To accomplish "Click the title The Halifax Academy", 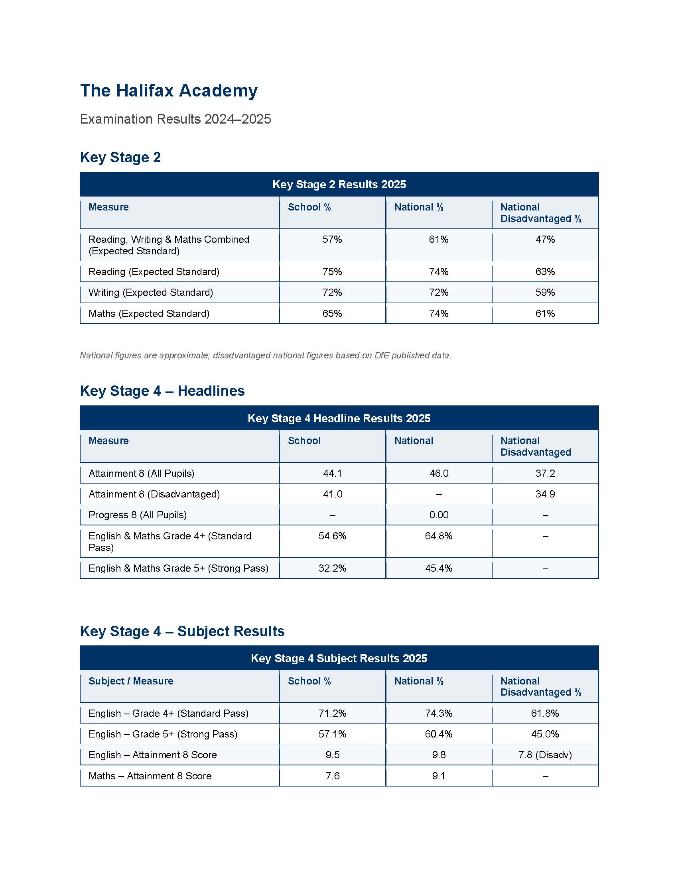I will [x=169, y=90].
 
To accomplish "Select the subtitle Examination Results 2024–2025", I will [x=175, y=119].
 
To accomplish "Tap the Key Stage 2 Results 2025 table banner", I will [x=339, y=184].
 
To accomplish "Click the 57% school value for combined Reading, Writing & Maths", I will [x=332, y=240].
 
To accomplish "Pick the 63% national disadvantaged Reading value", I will [x=545, y=272].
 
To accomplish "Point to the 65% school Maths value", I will [x=332, y=314].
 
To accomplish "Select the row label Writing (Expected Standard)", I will [x=151, y=293].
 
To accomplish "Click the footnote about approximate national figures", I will [x=265, y=355].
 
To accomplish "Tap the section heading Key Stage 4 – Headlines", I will [x=162, y=391].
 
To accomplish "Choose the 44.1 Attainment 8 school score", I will [x=332, y=474].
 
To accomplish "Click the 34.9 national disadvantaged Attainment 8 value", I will [x=545, y=494].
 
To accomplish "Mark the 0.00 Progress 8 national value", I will [x=439, y=515].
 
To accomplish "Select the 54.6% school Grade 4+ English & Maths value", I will [x=332, y=536].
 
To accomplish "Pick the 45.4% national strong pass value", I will [x=439, y=568].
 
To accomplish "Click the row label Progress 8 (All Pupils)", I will [x=137, y=515].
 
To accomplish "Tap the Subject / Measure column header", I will [x=131, y=681].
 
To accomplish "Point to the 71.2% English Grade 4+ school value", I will [x=332, y=714].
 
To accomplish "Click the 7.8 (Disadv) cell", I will [x=545, y=755].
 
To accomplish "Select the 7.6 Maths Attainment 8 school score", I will [x=332, y=776].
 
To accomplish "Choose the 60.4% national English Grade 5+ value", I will [x=439, y=734].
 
